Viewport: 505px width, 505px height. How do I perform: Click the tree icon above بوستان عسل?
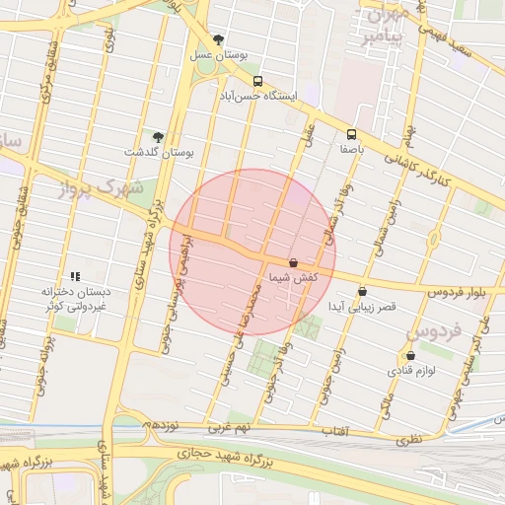point(218,40)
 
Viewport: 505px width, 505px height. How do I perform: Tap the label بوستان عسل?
point(217,56)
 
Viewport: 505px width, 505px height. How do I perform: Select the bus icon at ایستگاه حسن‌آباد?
point(257,82)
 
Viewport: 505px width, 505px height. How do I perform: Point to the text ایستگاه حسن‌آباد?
point(256,97)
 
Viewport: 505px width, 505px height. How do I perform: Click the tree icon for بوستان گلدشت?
point(158,137)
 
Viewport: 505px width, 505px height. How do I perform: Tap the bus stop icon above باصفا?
point(352,135)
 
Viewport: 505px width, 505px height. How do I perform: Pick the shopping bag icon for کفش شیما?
point(294,263)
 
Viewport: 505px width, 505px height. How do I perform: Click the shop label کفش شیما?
point(293,279)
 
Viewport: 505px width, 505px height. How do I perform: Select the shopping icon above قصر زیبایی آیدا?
point(363,291)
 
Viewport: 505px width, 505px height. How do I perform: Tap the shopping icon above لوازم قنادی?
point(410,356)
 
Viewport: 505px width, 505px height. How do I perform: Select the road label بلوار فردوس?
point(460,293)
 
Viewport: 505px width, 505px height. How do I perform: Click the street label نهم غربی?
point(228,430)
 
